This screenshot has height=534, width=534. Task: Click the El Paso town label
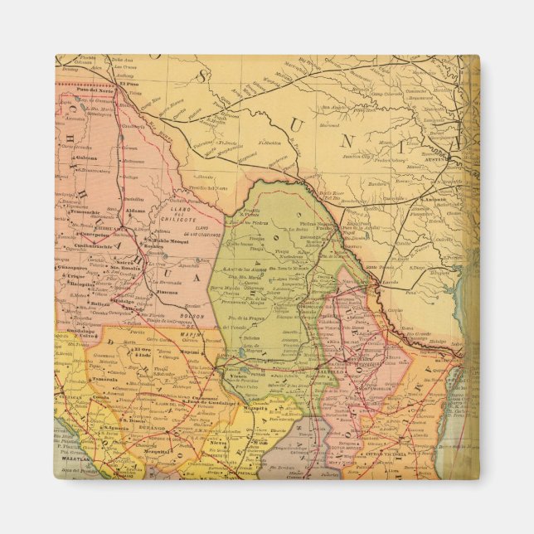pos(128,83)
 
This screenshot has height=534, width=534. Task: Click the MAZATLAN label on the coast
pos(72,457)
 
